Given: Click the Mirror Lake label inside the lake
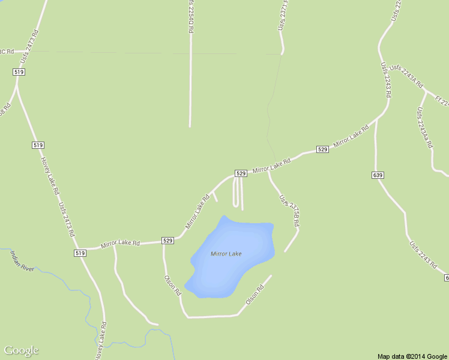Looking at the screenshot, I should [x=226, y=254].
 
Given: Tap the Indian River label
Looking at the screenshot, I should [x=22, y=260].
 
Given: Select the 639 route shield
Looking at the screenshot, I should [x=378, y=175].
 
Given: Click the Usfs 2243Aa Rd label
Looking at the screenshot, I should [x=424, y=127].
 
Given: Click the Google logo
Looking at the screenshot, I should [x=21, y=350].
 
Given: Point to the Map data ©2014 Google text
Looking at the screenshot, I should [x=412, y=356].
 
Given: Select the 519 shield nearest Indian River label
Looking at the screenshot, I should [x=80, y=253].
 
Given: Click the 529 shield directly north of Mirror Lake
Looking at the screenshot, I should [x=241, y=173].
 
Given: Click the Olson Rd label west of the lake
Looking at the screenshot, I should [x=173, y=285].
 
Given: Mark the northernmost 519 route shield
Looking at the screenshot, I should [x=19, y=72].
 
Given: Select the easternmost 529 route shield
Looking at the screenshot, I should [x=322, y=149].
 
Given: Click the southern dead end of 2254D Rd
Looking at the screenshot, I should [x=190, y=126].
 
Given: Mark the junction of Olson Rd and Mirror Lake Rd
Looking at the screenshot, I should [x=164, y=242].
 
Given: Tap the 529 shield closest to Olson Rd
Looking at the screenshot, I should [x=167, y=241].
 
